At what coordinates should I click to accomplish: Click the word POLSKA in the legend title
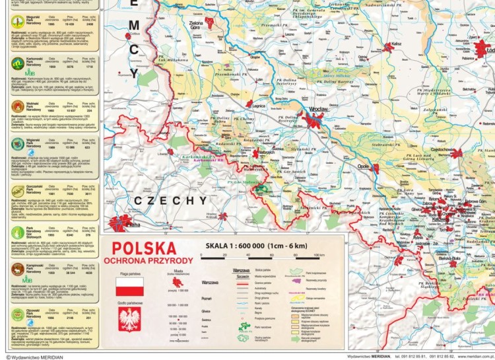click(x=144, y=249)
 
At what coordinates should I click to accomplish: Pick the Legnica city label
click(x=258, y=106)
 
